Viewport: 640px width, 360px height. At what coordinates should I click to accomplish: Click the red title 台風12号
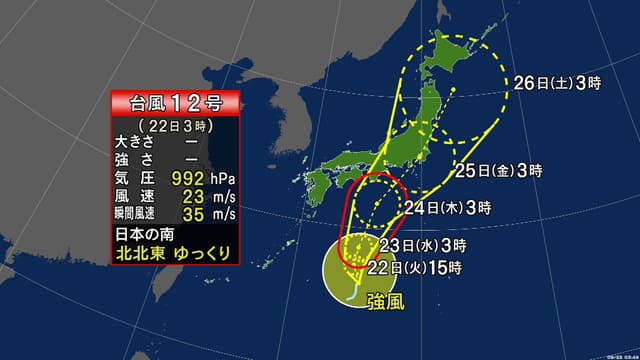coord(176,101)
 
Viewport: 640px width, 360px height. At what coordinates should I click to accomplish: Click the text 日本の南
coord(142,235)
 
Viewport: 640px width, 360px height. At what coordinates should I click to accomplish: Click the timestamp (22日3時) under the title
coord(175,121)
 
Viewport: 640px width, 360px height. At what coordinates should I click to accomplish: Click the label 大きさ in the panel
coord(132,139)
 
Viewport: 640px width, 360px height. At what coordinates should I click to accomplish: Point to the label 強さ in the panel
coord(132,157)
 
